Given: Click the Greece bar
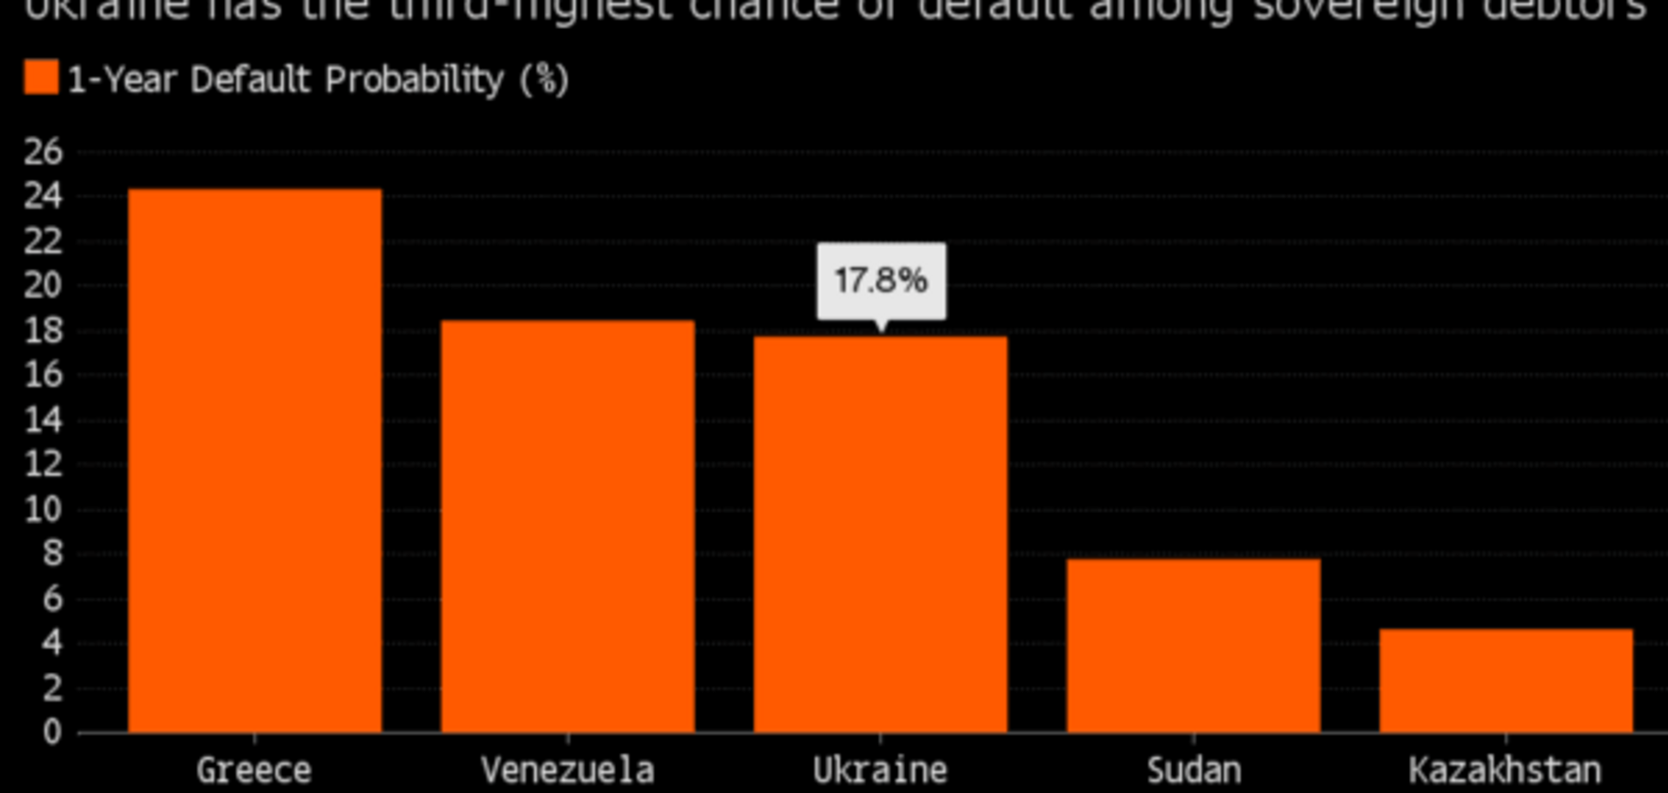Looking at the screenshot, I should [255, 460].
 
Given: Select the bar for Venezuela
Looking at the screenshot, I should [567, 526].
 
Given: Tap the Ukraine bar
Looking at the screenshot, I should [880, 534].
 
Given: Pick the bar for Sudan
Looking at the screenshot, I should [1193, 645].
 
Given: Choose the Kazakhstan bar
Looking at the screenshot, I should [1506, 680].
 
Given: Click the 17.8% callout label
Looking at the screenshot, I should [881, 281].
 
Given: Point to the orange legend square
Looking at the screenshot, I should [41, 78].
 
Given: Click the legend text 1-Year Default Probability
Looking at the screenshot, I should [318, 80].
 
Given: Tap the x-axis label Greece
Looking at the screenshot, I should [254, 770].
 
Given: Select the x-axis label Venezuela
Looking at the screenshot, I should [567, 770].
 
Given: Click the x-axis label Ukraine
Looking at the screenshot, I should [880, 770].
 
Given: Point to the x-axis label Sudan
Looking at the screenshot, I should [1194, 770].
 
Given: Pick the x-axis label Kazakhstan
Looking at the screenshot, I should [1506, 770].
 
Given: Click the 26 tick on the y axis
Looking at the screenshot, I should [43, 152].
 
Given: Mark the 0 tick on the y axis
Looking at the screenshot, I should [52, 732].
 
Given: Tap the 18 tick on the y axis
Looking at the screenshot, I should [43, 330].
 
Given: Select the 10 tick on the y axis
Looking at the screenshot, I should [43, 509].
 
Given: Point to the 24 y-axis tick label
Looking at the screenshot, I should [43, 197].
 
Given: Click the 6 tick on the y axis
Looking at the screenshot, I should [52, 598].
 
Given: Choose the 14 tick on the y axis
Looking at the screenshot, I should [43, 420].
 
